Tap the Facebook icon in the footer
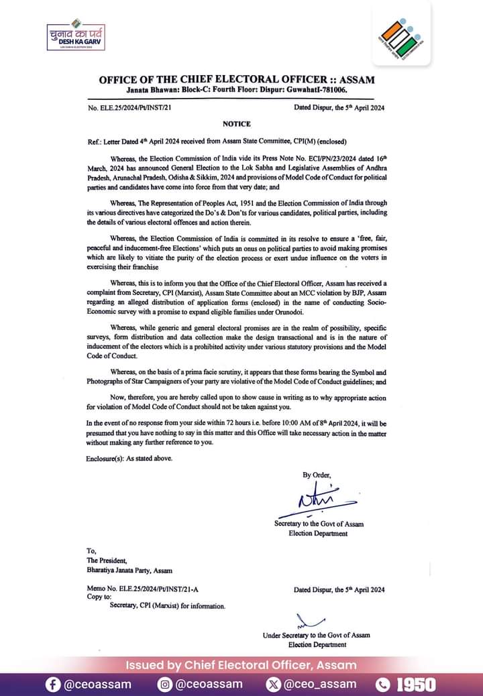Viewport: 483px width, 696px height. click(53, 685)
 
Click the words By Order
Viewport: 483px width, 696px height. click(317, 475)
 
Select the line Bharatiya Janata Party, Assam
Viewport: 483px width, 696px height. click(129, 571)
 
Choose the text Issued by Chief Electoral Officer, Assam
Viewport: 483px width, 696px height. click(241, 665)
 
